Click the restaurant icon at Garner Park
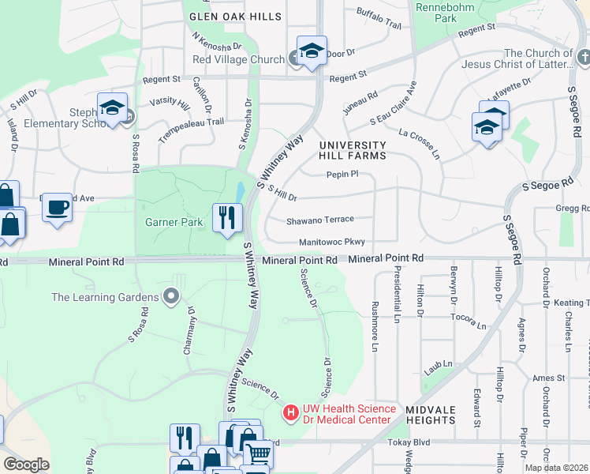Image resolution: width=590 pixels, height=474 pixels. click(x=226, y=217)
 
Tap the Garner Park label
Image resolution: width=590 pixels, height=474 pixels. click(x=174, y=223)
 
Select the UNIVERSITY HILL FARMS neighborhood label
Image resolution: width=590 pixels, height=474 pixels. click(x=353, y=150)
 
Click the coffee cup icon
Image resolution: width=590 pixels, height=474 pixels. click(x=58, y=208)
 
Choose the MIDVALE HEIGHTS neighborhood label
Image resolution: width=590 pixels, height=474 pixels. click(x=431, y=416)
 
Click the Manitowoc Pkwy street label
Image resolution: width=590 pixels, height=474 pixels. click(x=332, y=243)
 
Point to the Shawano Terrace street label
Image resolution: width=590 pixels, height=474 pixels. click(x=319, y=220)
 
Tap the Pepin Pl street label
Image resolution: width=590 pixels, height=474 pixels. click(x=342, y=174)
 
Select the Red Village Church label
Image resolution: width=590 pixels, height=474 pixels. click(x=238, y=60)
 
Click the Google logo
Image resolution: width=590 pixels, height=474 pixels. click(x=26, y=465)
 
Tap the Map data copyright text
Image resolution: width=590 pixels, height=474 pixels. click(x=557, y=468)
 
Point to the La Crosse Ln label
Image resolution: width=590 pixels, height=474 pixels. click(x=419, y=143)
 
